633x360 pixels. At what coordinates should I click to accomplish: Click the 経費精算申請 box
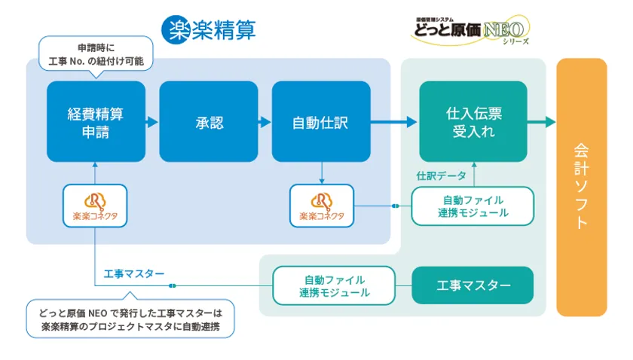click(96, 121)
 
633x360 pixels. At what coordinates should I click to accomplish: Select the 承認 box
click(208, 121)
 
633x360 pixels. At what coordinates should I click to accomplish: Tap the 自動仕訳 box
click(321, 121)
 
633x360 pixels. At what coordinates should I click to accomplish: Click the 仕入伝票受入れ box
click(474, 121)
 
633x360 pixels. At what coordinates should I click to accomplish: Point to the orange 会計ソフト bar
click(581, 187)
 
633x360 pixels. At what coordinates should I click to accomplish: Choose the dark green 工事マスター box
click(473, 285)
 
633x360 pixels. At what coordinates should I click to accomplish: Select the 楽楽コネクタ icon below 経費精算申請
click(95, 206)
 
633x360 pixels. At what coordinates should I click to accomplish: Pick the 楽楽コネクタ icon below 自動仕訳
click(321, 206)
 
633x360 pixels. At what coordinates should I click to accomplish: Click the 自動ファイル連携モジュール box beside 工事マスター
click(334, 285)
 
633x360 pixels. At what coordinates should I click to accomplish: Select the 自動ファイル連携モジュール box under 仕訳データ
click(472, 206)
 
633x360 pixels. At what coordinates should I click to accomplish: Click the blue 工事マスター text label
click(133, 273)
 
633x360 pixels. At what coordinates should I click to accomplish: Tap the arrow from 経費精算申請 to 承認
click(152, 121)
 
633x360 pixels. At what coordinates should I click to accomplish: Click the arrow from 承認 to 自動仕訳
click(265, 121)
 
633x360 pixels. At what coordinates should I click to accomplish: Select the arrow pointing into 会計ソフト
click(541, 121)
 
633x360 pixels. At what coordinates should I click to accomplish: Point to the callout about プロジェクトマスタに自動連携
click(130, 320)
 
